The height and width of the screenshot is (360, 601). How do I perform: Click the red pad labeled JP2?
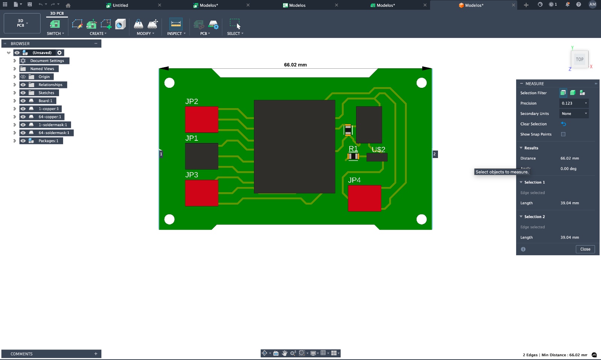(x=201, y=119)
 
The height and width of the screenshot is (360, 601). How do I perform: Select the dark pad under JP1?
(x=201, y=156)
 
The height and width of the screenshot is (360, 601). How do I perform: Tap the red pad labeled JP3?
(x=201, y=193)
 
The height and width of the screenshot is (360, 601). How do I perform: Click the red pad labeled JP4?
(x=364, y=198)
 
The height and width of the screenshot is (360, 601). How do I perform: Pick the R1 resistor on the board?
(x=353, y=156)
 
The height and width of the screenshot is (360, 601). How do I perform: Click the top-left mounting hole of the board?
(x=169, y=83)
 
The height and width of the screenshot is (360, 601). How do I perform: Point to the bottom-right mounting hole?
(x=421, y=219)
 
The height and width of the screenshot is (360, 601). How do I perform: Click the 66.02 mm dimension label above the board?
(x=295, y=65)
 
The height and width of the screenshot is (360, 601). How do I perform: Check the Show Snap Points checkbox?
(x=563, y=134)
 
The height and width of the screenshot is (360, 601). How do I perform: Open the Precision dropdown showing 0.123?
(x=574, y=103)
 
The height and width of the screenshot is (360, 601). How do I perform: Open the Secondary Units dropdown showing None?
(x=574, y=114)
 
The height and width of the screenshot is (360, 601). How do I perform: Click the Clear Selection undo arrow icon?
(x=563, y=124)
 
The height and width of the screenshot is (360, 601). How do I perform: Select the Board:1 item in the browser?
(x=45, y=101)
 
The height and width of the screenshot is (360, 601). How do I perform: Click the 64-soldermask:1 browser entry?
(x=54, y=133)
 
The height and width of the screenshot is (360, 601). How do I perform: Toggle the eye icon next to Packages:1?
(x=23, y=141)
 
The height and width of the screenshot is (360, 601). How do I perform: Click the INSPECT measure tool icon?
(x=176, y=24)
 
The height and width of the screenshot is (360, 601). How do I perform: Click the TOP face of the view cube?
(x=580, y=59)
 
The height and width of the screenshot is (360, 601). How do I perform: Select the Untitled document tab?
(x=120, y=5)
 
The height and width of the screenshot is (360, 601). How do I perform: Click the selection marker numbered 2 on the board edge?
(x=435, y=154)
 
